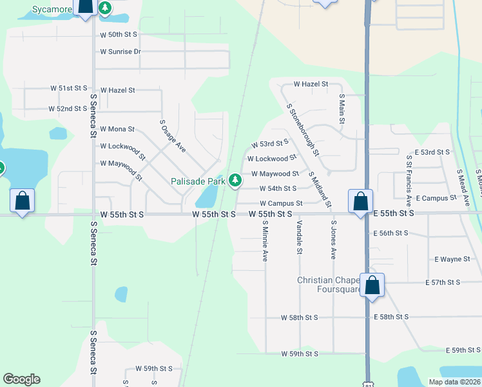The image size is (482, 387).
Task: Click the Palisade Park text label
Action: (x=198, y=181)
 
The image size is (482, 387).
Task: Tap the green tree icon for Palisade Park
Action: (x=236, y=180)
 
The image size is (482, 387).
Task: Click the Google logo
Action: (x=21, y=379)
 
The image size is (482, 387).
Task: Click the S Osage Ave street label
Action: (x=173, y=135)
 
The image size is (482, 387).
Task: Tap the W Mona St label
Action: (x=117, y=129)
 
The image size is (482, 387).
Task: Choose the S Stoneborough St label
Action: (x=303, y=130)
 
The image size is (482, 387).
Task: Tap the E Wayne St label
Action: (x=452, y=259)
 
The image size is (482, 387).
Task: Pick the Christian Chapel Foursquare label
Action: (x=329, y=284)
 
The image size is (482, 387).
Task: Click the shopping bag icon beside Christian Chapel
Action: (x=372, y=284)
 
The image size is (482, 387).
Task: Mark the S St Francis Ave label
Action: (x=409, y=176)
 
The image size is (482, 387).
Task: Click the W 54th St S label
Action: (x=278, y=188)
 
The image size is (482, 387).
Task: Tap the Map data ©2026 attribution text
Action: (x=455, y=382)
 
